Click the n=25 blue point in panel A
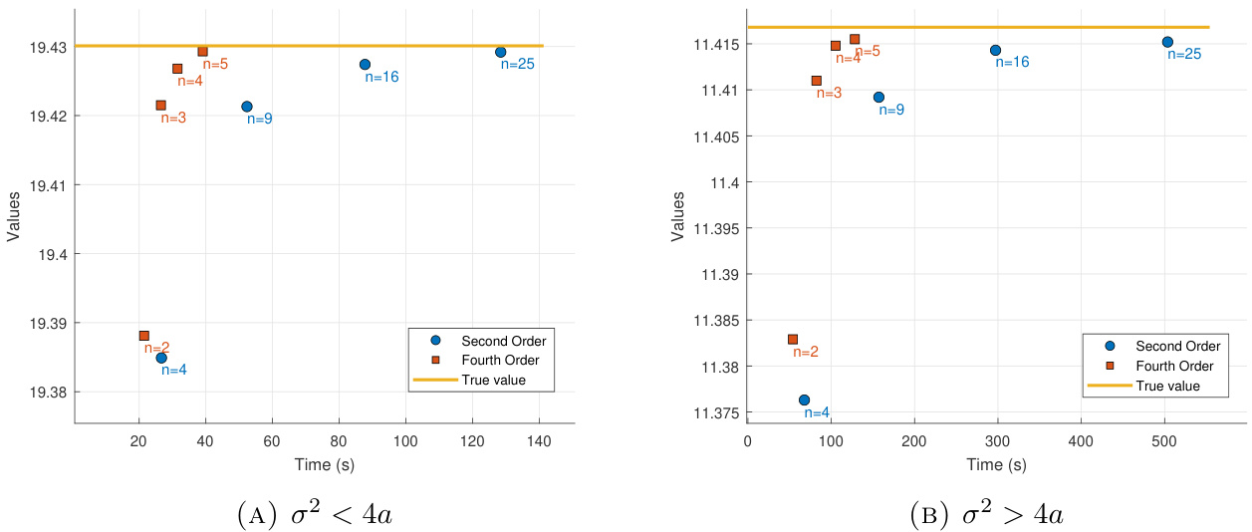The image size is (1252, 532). (x=500, y=52)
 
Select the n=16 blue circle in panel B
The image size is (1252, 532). (x=995, y=50)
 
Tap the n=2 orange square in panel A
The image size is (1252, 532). (x=144, y=336)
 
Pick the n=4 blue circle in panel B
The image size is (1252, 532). (x=804, y=399)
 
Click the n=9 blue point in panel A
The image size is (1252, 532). (x=247, y=107)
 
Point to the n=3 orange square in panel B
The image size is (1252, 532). (x=817, y=81)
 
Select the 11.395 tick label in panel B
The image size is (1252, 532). (x=710, y=228)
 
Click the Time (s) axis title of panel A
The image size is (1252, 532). (x=324, y=464)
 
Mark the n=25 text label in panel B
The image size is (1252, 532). (x=1184, y=54)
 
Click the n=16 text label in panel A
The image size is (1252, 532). (x=381, y=77)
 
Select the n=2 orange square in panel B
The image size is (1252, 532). (x=793, y=340)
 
